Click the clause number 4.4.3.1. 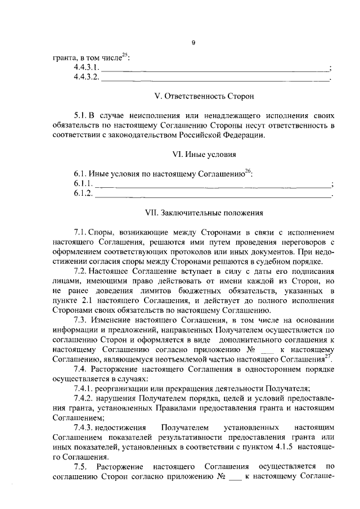(86, 68)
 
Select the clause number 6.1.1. (82, 184)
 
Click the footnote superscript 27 (329, 356)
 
